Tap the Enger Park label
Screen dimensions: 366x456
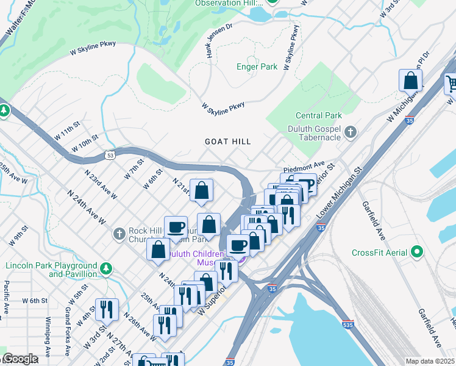(257, 66)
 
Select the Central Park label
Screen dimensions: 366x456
(318, 115)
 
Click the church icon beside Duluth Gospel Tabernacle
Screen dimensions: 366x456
(351, 132)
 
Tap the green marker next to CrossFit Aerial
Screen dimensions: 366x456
(418, 251)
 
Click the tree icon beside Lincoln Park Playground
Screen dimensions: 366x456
(106, 268)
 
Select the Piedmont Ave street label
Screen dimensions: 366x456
(304, 166)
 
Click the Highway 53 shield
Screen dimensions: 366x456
(108, 155)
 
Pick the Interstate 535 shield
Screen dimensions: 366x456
(347, 325)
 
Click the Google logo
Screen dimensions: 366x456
(20, 358)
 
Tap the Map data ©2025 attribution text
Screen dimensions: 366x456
(429, 361)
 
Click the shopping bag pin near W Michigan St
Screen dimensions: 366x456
(411, 81)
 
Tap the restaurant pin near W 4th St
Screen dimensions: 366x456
(107, 309)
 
